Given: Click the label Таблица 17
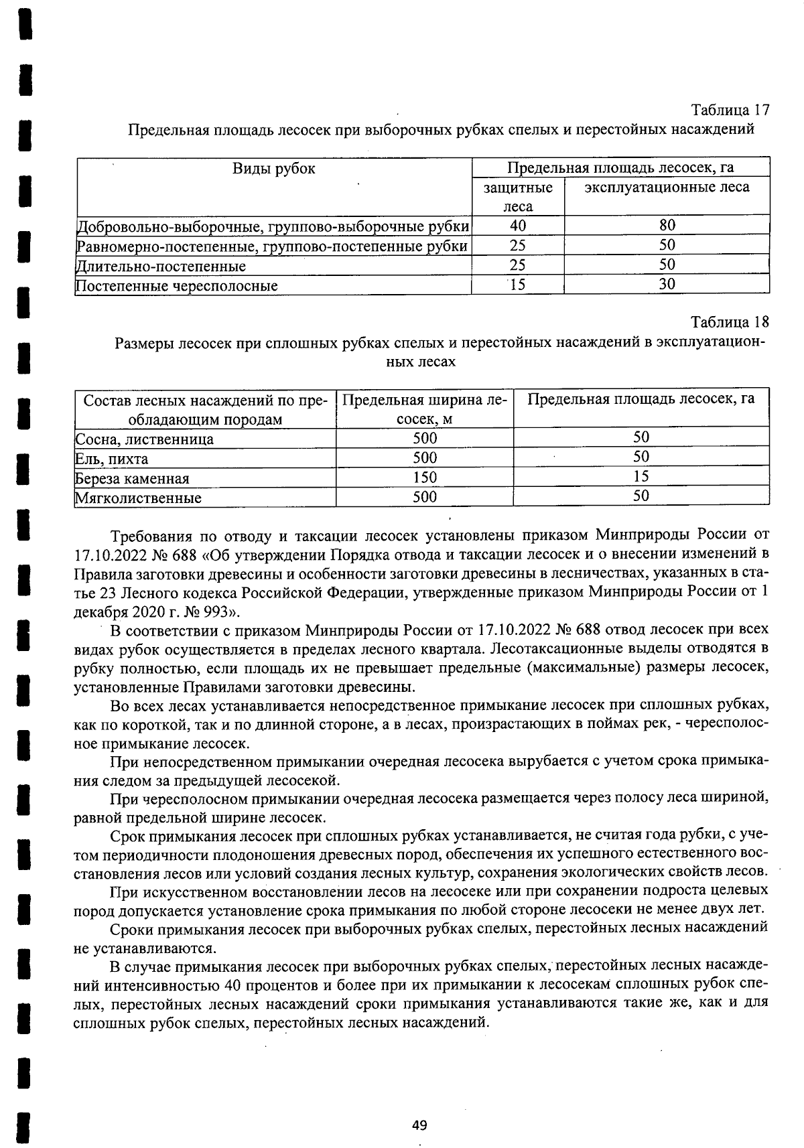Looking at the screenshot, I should click(x=730, y=110).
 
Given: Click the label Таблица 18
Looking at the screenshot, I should click(x=730, y=322).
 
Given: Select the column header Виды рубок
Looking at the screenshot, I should click(x=273, y=169).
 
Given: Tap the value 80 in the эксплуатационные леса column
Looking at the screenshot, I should click(x=667, y=225).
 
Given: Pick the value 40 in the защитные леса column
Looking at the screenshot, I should click(x=517, y=225).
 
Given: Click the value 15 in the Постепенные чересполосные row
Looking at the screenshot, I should click(x=517, y=285).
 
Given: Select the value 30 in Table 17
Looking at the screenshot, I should click(x=667, y=284).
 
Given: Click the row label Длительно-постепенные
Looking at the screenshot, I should click(x=161, y=267).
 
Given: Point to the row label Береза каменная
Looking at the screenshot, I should click(x=133, y=478).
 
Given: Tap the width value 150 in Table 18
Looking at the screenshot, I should click(x=425, y=477).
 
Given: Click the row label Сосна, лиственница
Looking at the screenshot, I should click(x=145, y=439).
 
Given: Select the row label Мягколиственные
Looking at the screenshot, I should click(x=138, y=498).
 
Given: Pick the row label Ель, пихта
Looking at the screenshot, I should click(x=112, y=459).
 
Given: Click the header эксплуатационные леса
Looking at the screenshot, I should click(x=667, y=188).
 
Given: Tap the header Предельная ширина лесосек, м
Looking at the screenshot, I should click(x=425, y=409).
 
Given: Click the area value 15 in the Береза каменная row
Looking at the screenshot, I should click(x=641, y=476).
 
